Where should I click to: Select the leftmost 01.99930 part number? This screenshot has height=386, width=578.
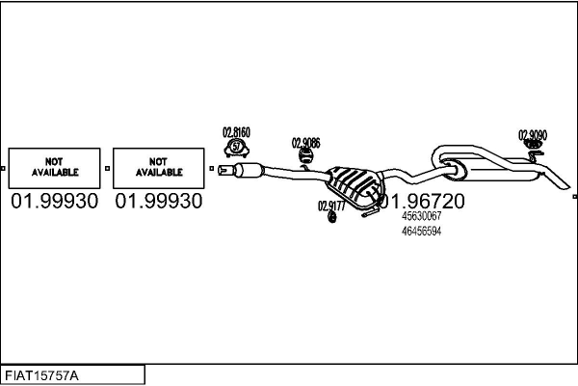[54, 201]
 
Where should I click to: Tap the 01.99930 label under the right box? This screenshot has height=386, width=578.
[159, 201]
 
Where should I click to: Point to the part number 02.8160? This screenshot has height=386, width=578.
[237, 132]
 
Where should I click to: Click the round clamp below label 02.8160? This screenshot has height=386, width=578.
[237, 148]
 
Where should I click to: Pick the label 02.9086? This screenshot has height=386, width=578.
[306, 143]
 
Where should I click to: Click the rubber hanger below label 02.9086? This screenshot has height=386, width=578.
[306, 158]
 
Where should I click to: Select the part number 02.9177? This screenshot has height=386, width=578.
[331, 205]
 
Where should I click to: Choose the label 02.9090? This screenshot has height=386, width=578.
[533, 135]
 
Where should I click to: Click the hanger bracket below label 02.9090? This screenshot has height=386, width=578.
[532, 151]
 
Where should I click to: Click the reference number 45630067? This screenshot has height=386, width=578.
[421, 217]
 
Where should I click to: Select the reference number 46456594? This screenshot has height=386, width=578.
[421, 232]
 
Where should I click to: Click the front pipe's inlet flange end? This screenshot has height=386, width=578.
[223, 172]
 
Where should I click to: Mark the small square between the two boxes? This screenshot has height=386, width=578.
[107, 168]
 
